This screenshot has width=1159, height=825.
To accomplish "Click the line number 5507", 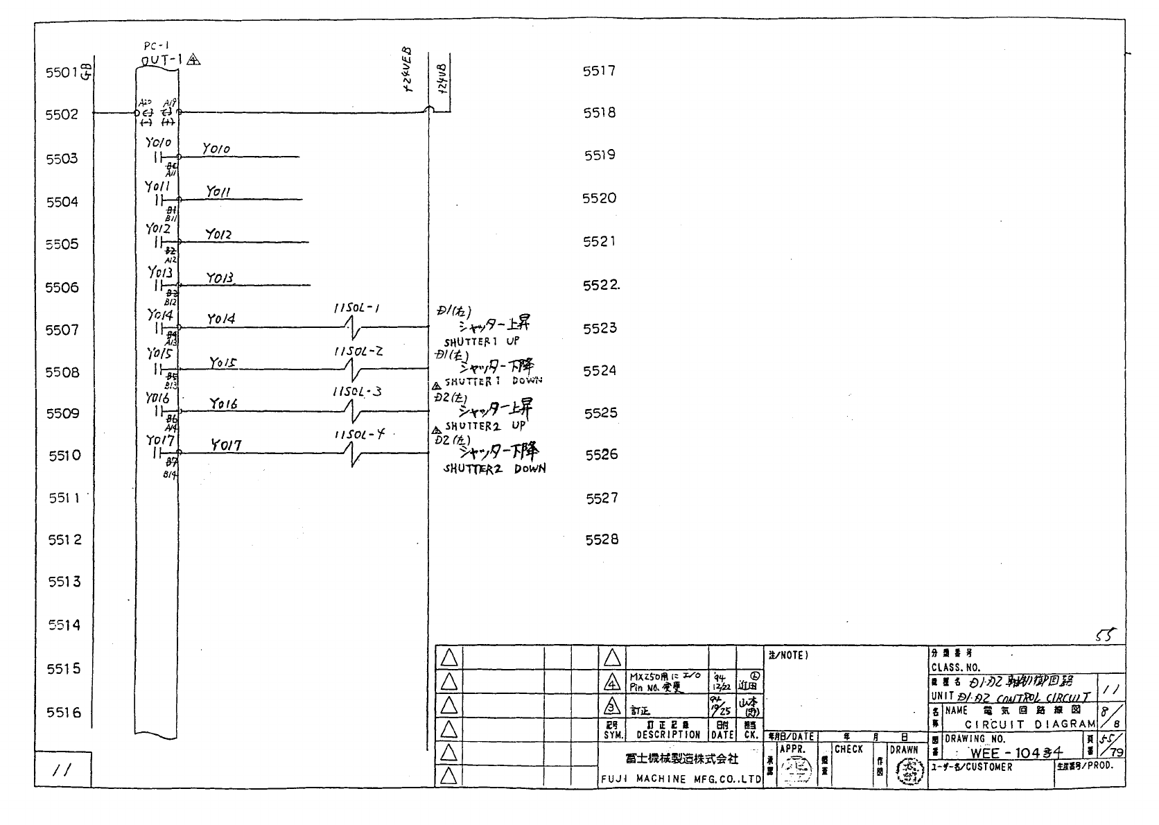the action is tap(62, 330).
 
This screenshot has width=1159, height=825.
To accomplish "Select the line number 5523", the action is tap(600, 328).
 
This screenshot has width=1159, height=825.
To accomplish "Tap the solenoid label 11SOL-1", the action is tap(356, 309).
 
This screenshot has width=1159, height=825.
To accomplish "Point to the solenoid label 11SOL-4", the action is tap(358, 435).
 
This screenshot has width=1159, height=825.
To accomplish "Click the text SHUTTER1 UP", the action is tap(481, 342).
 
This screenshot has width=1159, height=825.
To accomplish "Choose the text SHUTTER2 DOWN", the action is tap(494, 469).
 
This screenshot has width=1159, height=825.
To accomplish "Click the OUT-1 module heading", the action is tap(162, 60).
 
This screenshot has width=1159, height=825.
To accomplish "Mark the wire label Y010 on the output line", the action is tap(216, 149).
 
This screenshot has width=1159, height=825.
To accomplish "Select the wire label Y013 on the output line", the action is tap(221, 278).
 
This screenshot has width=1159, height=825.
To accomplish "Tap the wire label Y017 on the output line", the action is tap(226, 445).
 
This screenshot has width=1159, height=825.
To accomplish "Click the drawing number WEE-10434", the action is tap(1016, 753).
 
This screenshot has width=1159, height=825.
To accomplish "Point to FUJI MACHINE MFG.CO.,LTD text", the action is tap(681, 779).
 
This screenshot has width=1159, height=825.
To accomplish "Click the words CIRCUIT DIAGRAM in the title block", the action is tap(1030, 724).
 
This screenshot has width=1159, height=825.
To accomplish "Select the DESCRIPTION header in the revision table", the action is tap(668, 734).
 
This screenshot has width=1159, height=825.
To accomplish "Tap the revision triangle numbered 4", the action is tap(611, 684).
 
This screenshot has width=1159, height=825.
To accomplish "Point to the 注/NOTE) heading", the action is tap(788, 655).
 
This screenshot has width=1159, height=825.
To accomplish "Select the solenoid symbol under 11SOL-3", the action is tap(357, 412).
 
